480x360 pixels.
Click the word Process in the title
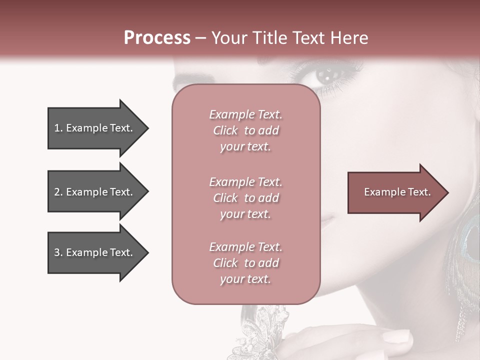(x=157, y=38)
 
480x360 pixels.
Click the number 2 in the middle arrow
(x=57, y=192)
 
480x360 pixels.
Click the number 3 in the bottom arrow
(x=57, y=252)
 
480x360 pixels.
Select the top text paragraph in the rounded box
(x=245, y=130)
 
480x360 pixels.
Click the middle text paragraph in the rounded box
(x=245, y=198)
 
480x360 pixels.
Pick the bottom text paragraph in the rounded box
(x=245, y=263)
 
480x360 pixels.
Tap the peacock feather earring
(x=467, y=240)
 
